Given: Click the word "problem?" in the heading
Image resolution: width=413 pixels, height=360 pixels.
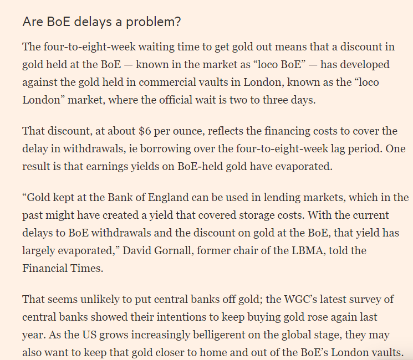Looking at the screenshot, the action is click(x=154, y=22).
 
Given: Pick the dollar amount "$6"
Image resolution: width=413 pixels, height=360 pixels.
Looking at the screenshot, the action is click(x=145, y=131).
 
